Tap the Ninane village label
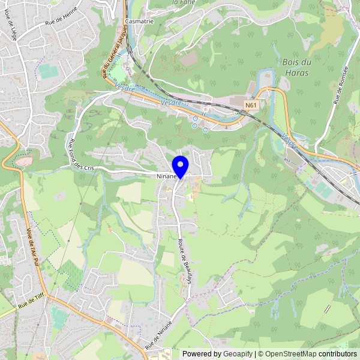click(166, 177)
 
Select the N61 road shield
click(251, 105)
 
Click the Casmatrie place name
click(140, 21)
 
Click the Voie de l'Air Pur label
click(32, 250)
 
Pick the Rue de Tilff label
click(31, 302)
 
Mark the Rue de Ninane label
click(158, 335)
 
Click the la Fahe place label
click(184, 2)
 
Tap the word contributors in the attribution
click(337, 354)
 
